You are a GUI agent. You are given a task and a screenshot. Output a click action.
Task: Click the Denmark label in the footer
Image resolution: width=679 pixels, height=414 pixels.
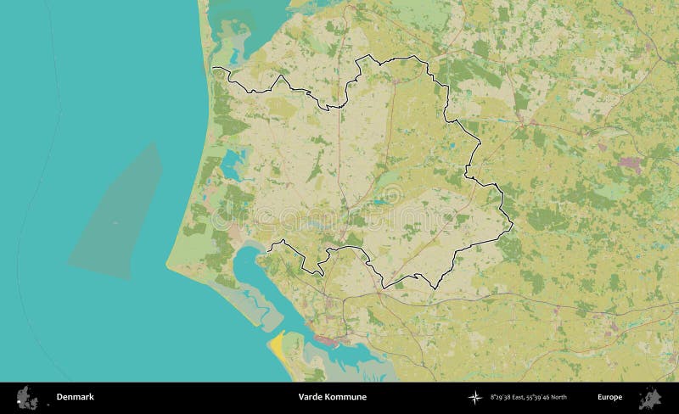(x=75, y=397)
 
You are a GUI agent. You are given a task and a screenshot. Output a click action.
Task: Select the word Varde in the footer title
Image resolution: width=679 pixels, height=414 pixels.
(x=311, y=397)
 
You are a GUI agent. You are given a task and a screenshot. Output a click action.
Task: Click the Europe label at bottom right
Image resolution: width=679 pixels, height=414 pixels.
(x=609, y=397)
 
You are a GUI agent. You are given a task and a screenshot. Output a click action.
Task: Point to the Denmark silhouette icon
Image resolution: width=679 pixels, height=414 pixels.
(x=27, y=396)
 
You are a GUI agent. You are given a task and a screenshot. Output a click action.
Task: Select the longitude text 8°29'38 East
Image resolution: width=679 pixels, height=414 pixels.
(x=505, y=397)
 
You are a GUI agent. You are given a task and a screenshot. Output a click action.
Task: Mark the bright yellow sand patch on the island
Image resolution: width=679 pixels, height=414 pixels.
(x=277, y=344)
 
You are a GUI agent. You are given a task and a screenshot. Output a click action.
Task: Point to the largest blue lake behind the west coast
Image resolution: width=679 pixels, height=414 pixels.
(x=233, y=158)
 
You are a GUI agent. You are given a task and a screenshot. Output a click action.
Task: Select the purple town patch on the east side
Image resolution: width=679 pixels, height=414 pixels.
(x=630, y=163)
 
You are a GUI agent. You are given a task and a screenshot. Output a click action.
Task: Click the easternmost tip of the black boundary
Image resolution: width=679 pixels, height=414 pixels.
(x=513, y=226)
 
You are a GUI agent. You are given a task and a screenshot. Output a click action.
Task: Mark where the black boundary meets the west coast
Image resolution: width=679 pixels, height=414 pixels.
(x=213, y=68)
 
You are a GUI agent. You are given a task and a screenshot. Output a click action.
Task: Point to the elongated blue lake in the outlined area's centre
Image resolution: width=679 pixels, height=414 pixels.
(x=375, y=203)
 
